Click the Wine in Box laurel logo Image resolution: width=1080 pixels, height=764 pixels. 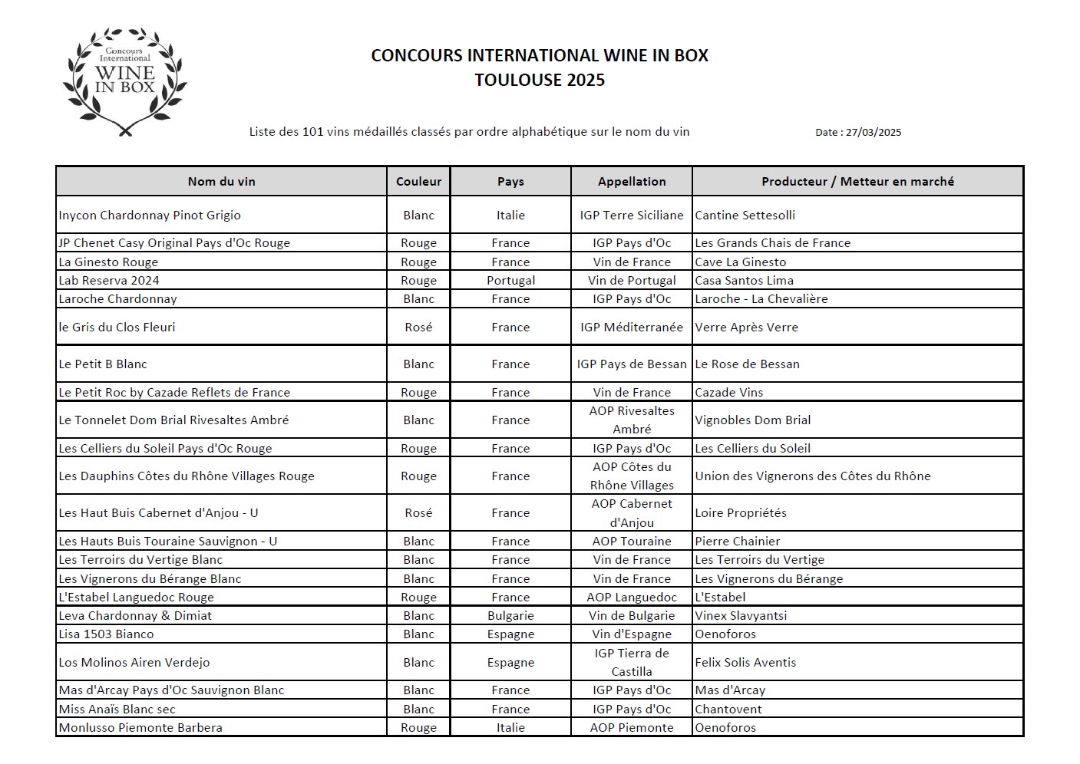[125, 82]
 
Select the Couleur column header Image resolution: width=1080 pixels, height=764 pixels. [418, 182]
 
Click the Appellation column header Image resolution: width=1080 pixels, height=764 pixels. [632, 182]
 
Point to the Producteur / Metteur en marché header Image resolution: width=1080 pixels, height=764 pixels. [857, 182]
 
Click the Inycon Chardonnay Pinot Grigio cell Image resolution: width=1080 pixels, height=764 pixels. [150, 216]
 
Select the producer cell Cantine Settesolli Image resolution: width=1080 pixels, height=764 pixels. [745, 216]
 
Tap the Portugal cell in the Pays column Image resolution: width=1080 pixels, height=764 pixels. [510, 281]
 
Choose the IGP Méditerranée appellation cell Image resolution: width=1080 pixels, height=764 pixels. [632, 328]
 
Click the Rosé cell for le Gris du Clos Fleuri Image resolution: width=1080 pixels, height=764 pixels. [418, 328]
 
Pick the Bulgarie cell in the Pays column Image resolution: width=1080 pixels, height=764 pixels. [510, 616]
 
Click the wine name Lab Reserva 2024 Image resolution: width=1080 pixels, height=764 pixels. [109, 281]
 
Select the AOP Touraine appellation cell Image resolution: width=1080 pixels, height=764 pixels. [632, 542]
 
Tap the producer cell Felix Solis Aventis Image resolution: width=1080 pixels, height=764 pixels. [745, 663]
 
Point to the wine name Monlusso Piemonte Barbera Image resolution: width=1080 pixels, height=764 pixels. [140, 728]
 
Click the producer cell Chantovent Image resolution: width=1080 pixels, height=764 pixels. [728, 710]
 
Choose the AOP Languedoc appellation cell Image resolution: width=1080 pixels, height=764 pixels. [632, 598]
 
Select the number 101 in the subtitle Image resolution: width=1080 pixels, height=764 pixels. [312, 132]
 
